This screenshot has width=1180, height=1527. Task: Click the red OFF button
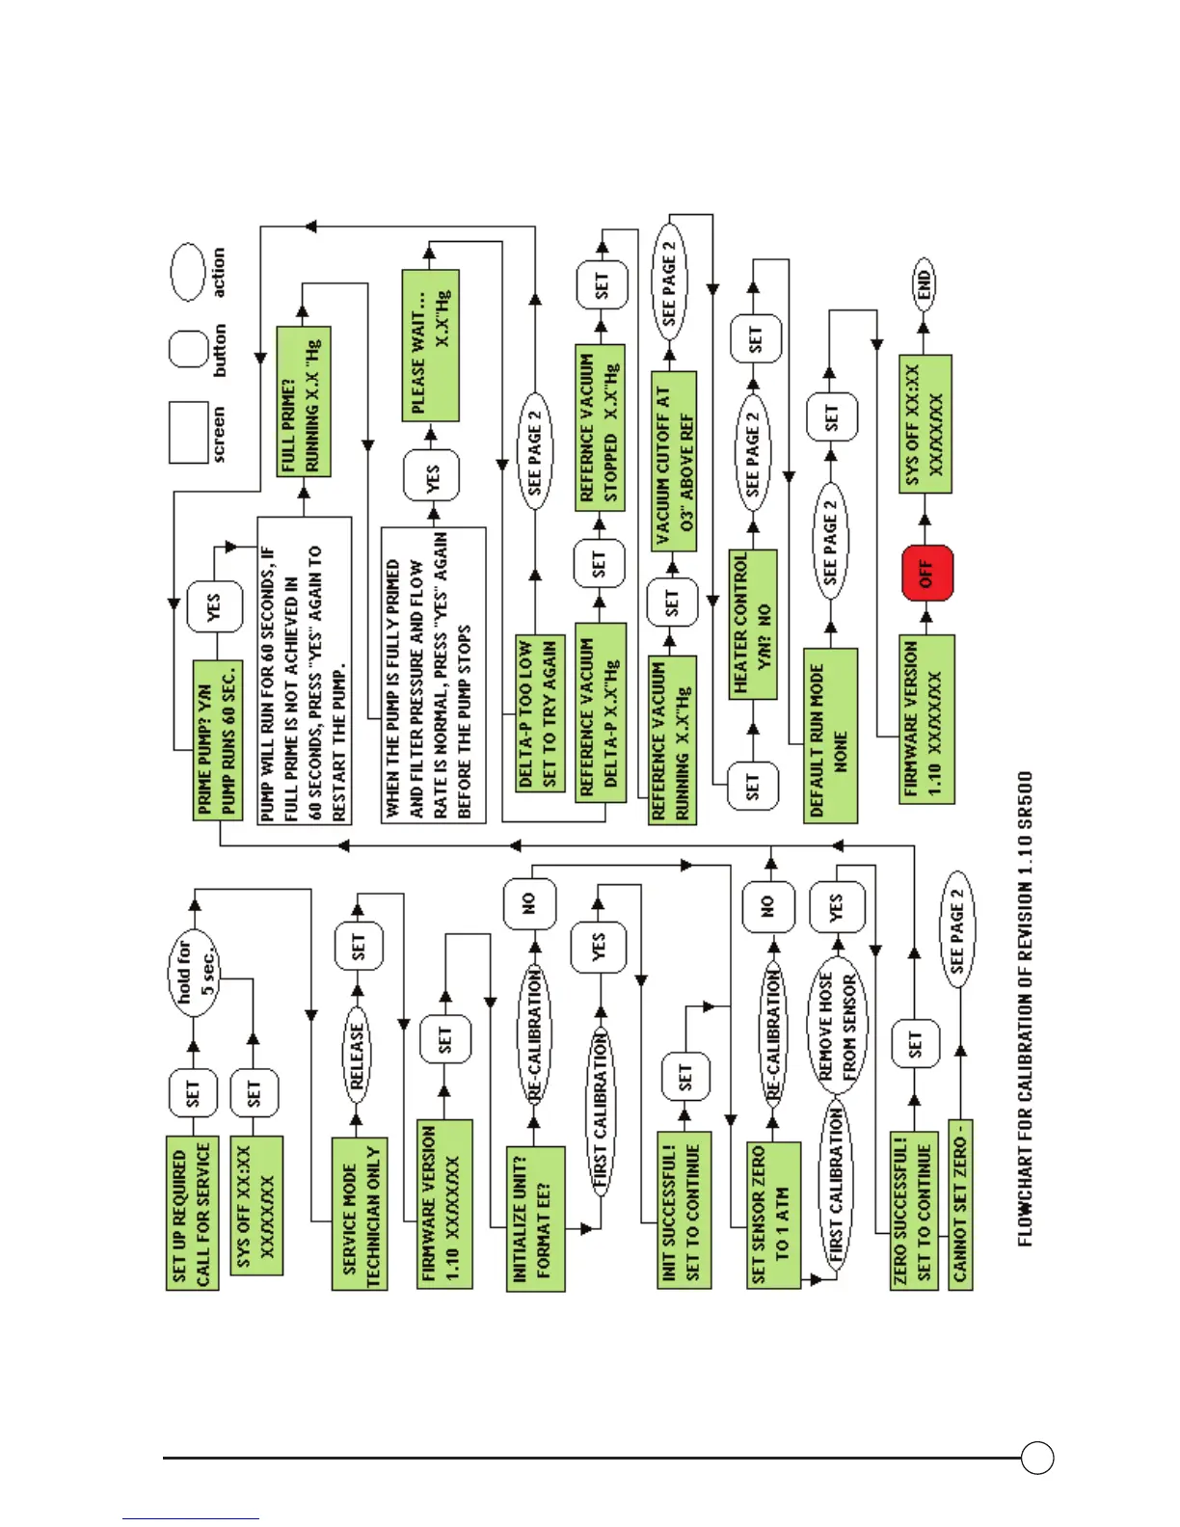pyautogui.click(x=927, y=574)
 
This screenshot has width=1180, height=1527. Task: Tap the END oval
pyautogui.click(x=924, y=283)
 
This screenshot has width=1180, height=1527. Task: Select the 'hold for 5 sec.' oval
pyautogui.click(x=196, y=972)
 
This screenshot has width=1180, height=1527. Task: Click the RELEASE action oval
pyautogui.click(x=357, y=1057)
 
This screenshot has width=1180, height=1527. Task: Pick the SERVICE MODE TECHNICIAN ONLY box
pyautogui.click(x=360, y=1213)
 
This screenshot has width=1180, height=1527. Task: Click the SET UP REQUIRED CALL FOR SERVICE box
pyautogui.click(x=192, y=1212)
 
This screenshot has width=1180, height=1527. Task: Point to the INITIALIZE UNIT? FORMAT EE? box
pyautogui.click(x=535, y=1219)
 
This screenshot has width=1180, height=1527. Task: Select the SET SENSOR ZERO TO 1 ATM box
pyautogui.click(x=773, y=1215)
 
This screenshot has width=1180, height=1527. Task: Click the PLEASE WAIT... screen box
pyautogui.click(x=430, y=345)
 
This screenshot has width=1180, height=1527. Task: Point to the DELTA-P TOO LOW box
pyautogui.click(x=537, y=712)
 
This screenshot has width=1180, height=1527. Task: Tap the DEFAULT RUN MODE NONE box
pyautogui.click(x=830, y=736)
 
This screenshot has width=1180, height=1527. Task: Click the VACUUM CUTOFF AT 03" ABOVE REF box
pyautogui.click(x=674, y=461)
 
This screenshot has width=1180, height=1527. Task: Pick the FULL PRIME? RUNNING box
pyautogui.click(x=303, y=402)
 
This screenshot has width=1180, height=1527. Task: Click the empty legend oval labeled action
pyautogui.click(x=188, y=272)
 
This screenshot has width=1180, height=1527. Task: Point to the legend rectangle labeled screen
pyautogui.click(x=188, y=433)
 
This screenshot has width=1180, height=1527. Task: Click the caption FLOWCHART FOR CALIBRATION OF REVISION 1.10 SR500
pyautogui.click(x=1025, y=1007)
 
